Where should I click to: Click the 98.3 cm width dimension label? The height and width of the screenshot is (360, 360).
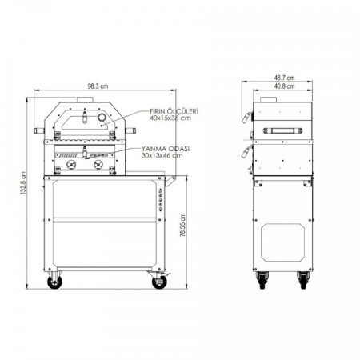[98, 86]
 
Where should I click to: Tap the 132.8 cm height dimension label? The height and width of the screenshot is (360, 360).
[23, 183]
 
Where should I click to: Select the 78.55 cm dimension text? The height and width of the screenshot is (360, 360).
[183, 225]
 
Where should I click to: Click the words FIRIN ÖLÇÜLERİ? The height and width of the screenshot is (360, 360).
[174, 111]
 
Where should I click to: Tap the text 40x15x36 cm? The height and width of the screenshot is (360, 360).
[170, 118]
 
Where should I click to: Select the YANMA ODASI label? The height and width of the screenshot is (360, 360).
[166, 149]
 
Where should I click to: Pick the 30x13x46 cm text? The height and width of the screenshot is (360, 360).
[162, 155]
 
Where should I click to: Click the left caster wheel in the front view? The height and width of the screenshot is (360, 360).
[54, 282]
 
